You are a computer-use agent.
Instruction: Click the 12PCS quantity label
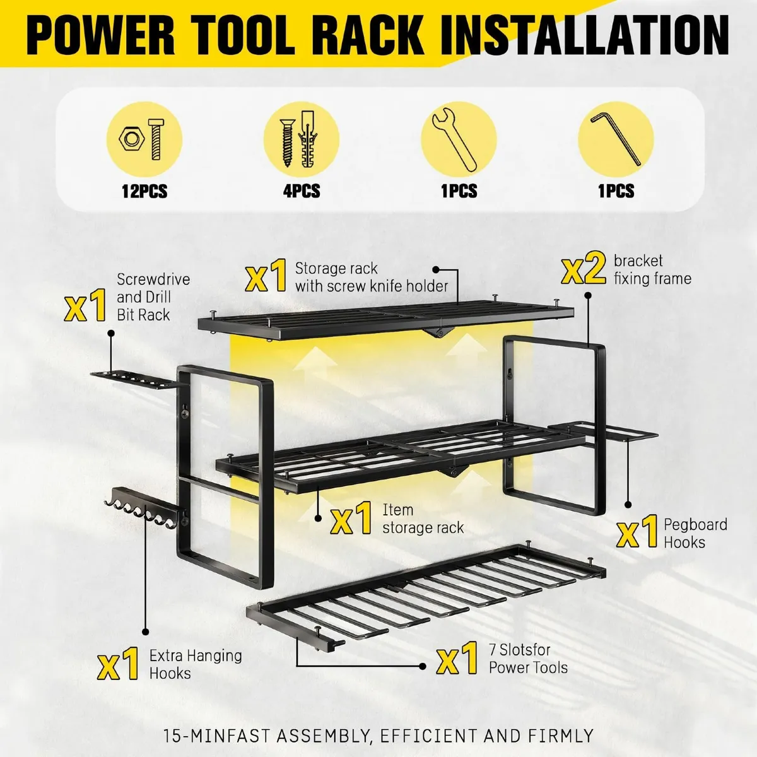pyautogui.click(x=144, y=191)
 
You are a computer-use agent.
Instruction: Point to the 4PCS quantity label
pyautogui.click(x=302, y=191)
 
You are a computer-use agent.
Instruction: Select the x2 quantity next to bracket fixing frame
pyautogui.click(x=584, y=269)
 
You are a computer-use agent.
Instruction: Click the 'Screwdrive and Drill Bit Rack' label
pyautogui.click(x=153, y=296)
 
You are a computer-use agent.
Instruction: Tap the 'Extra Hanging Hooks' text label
pyautogui.click(x=195, y=664)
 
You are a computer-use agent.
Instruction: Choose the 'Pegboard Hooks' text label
pyautogui.click(x=695, y=533)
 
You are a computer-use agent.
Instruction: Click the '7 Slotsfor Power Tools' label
pyautogui.click(x=528, y=659)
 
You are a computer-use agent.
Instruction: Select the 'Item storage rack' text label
pyautogui.click(x=423, y=519)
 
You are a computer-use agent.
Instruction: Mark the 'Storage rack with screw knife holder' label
pyautogui.click(x=371, y=277)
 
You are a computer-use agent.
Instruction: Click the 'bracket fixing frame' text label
pyautogui.click(x=652, y=269)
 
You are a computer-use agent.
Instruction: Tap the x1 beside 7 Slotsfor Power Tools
pyautogui.click(x=457, y=659)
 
